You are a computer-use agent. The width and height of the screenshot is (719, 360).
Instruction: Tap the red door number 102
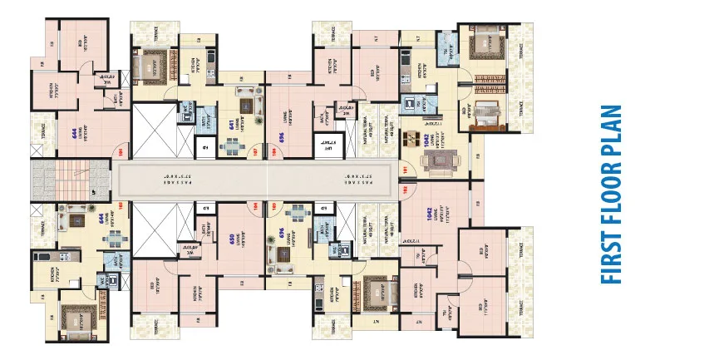pos(405,190)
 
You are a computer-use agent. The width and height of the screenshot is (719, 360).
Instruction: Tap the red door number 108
pos(269,152)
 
